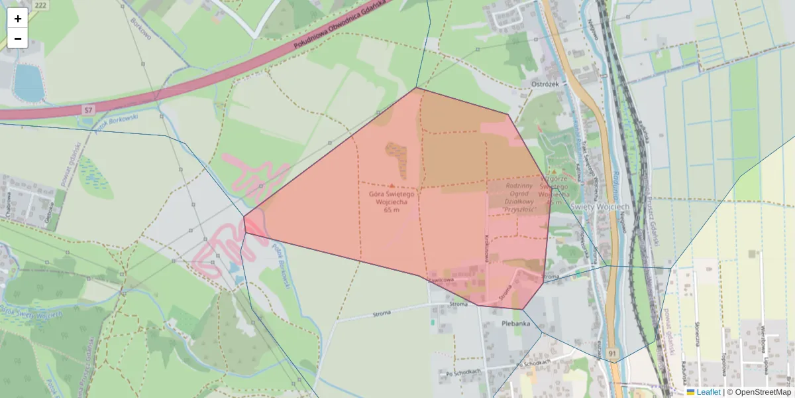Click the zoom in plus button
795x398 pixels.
coord(17,19)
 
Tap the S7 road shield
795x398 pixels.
coord(89,108)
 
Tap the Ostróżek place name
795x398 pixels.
coord(546,84)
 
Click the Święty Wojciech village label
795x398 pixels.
coord(600,206)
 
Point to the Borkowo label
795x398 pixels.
coord(141,28)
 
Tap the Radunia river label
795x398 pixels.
coord(617,192)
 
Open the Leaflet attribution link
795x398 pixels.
coord(708,392)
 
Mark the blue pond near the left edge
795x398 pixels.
coord(28,82)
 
